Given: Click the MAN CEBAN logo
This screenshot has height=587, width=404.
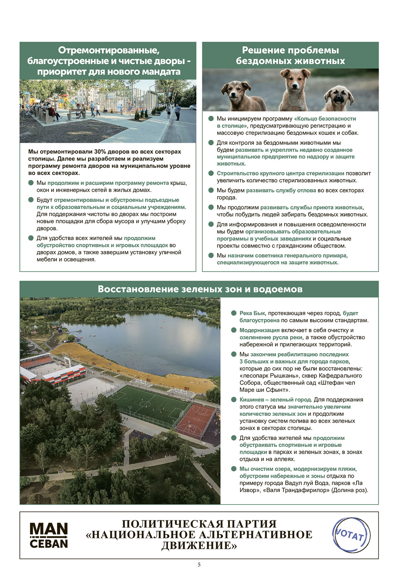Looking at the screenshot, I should [49, 535].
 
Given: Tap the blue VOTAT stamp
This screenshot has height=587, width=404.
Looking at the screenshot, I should [351, 535].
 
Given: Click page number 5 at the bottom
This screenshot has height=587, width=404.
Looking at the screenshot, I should [199, 564].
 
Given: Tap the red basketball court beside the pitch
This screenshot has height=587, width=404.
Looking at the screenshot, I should [196, 419].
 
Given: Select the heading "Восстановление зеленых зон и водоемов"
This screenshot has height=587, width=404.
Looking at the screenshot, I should [200, 289].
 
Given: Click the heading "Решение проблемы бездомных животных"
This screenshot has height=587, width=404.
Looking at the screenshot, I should [290, 56].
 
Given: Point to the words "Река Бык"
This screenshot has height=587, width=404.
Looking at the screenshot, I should [252, 313].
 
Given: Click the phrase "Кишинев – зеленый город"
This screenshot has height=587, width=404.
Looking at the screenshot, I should [275, 400].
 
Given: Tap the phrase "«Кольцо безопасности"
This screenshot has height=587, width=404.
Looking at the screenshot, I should [325, 118].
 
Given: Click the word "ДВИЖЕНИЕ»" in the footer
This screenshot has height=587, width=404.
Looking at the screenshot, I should [199, 546].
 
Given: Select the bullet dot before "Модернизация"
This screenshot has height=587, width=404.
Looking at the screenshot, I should [234, 330].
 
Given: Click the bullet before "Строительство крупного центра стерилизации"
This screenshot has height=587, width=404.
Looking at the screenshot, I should [211, 173].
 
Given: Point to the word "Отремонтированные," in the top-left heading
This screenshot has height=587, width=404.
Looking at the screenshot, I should [108, 50].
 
